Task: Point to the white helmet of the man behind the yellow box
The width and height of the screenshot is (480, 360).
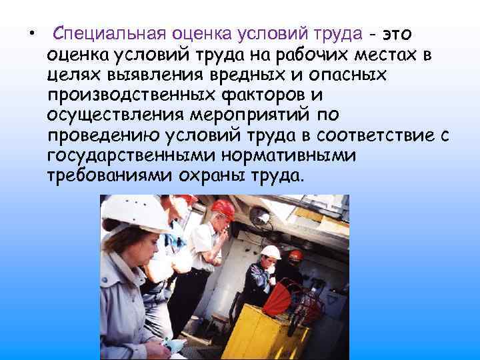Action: click(x=270, y=251)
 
